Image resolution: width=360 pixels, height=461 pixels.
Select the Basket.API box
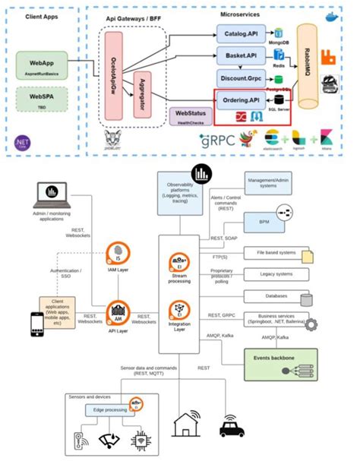(x=240, y=55)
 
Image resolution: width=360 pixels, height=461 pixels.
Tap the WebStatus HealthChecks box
(x=188, y=116)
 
